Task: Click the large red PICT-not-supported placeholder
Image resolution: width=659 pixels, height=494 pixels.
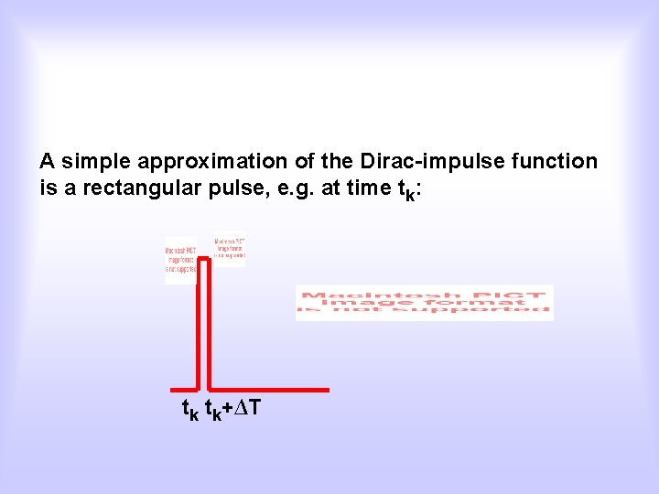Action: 424,303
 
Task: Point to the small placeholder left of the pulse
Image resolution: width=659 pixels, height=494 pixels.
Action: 179,260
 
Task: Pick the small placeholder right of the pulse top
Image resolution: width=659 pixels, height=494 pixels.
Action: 230,250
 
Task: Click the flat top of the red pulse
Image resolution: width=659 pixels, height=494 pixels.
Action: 204,260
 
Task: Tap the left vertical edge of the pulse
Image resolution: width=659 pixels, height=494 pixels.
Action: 199,325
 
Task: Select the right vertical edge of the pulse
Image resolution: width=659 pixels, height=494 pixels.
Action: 210,325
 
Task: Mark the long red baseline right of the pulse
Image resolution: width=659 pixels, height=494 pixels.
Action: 269,389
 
